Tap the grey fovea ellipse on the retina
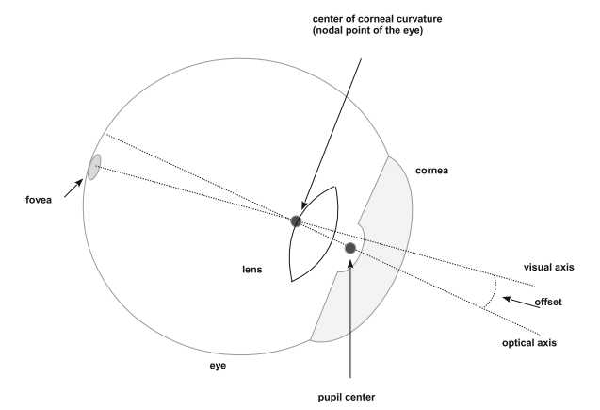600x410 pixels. click(x=94, y=168)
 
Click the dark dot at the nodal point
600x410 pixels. click(x=297, y=221)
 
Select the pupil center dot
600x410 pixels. click(x=350, y=248)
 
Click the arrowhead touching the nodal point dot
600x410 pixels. click(x=302, y=207)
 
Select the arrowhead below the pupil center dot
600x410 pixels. click(x=350, y=263)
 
